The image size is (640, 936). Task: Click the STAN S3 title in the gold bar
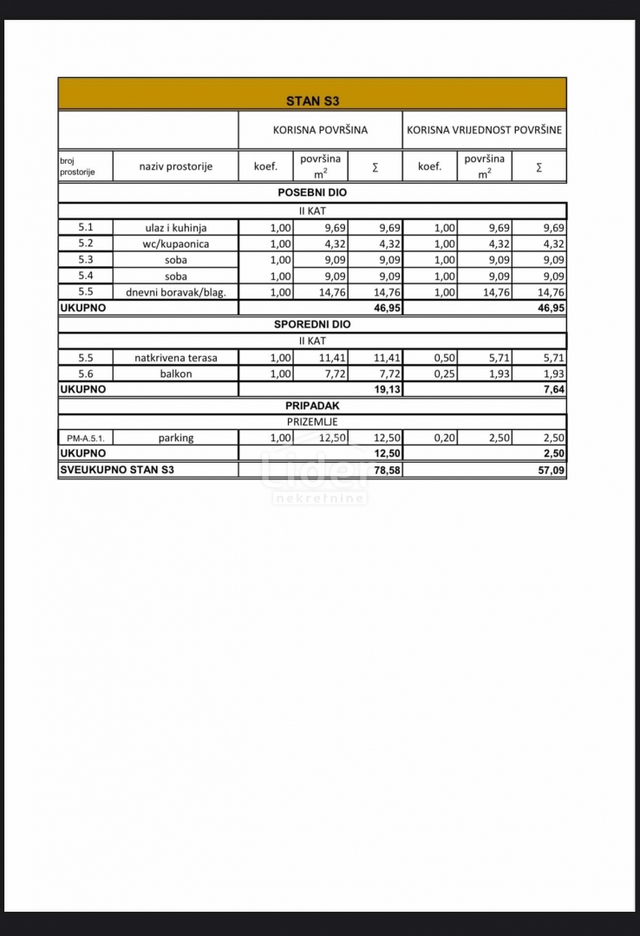coord(312,101)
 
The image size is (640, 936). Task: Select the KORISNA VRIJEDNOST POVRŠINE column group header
coord(485,130)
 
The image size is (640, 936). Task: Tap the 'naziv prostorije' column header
coord(175,166)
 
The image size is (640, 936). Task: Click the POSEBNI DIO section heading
coord(312,192)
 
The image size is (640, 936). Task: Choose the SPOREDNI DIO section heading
coord(312,324)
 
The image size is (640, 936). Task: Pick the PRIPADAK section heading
coord(312,405)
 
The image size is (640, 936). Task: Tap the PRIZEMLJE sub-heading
coord(312,421)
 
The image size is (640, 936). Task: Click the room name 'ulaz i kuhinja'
coord(175,227)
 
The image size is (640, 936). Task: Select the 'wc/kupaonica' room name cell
coord(175,244)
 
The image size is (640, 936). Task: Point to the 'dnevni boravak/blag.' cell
coord(175,292)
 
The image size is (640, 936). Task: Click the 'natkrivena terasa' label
coord(175,357)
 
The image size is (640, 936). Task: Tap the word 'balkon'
coord(175,374)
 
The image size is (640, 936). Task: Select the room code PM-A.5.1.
coord(86,439)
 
